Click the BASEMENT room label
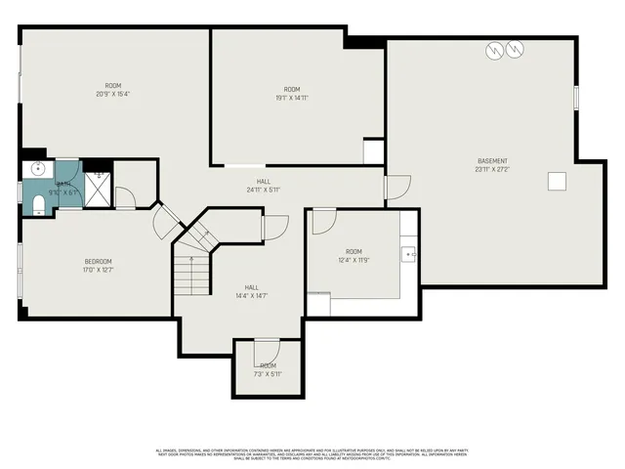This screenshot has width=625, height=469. (x=492, y=161)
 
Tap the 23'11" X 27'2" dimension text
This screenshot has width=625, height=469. (x=492, y=169)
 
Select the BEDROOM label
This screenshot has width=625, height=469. (x=98, y=261)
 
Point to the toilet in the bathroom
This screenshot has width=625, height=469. (x=36, y=203)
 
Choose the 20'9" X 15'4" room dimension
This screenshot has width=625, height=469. (x=113, y=95)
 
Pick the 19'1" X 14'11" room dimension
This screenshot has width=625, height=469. (x=292, y=98)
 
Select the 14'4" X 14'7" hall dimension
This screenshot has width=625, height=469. (x=251, y=295)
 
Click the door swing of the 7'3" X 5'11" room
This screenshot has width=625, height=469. (x=266, y=352)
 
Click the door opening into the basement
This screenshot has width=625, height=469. (x=396, y=188)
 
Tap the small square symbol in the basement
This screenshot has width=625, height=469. (x=557, y=181)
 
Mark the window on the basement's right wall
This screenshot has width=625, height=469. (x=576, y=98)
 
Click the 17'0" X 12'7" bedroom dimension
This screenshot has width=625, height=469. (x=98, y=269)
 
